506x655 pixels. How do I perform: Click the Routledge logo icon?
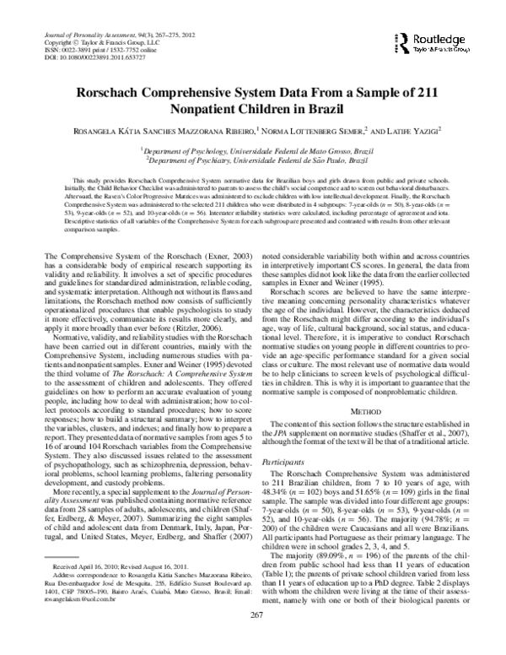point(403,41)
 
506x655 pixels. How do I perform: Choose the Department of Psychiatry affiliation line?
point(253,158)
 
